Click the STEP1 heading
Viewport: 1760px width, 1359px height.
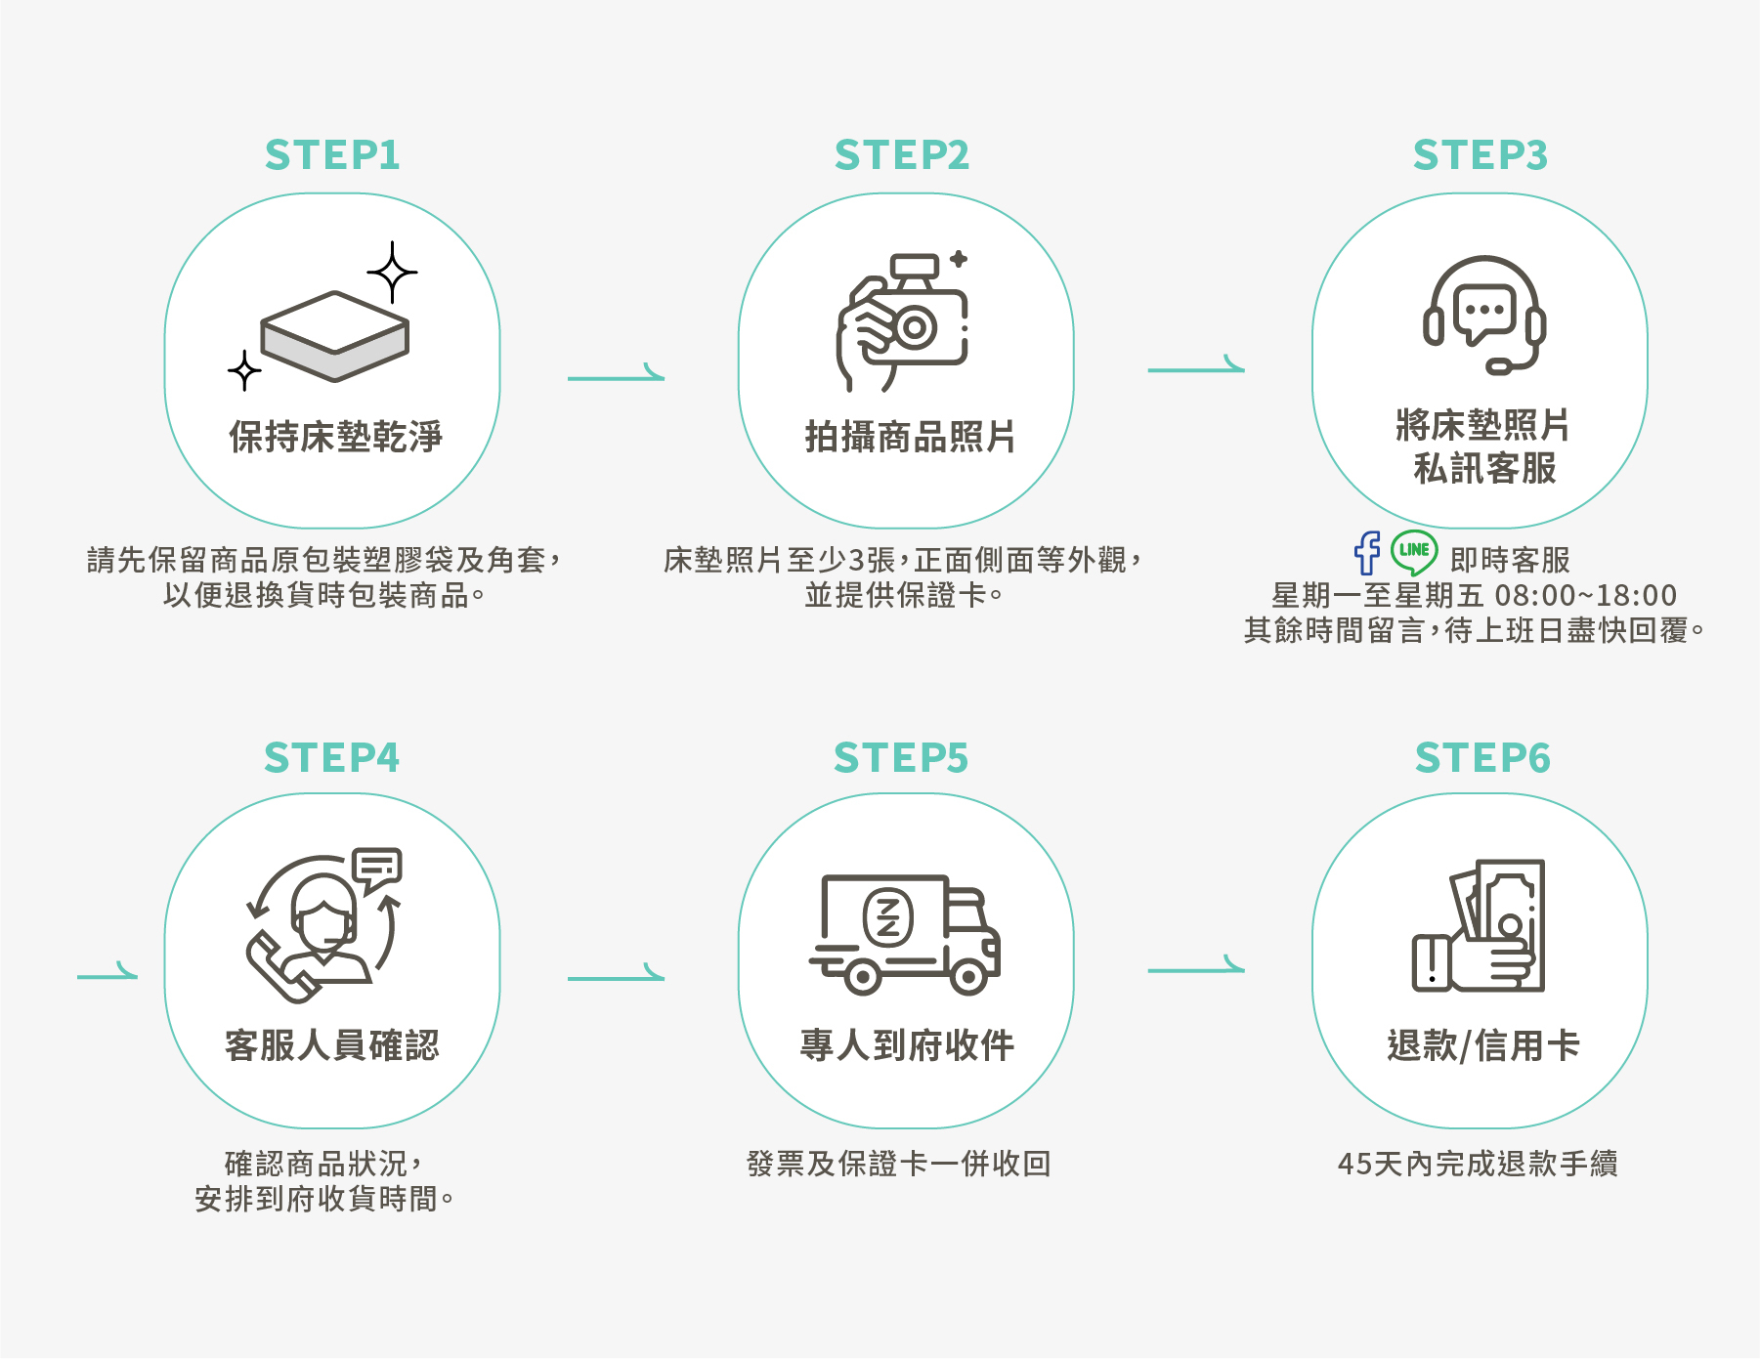tap(332, 155)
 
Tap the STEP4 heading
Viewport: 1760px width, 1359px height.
tap(332, 758)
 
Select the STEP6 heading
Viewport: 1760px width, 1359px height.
tap(1482, 758)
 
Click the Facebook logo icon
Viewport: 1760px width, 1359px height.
tap(1367, 553)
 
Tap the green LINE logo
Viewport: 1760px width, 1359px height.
tap(1413, 551)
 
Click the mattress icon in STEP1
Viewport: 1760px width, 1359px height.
tap(334, 335)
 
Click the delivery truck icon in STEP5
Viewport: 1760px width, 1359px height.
tap(905, 934)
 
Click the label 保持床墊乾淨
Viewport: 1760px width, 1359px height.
tap(335, 437)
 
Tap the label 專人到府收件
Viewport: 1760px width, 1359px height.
tap(907, 1045)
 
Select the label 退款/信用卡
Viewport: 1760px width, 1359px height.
tap(1482, 1045)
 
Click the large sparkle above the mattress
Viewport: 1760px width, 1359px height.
tap(392, 272)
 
